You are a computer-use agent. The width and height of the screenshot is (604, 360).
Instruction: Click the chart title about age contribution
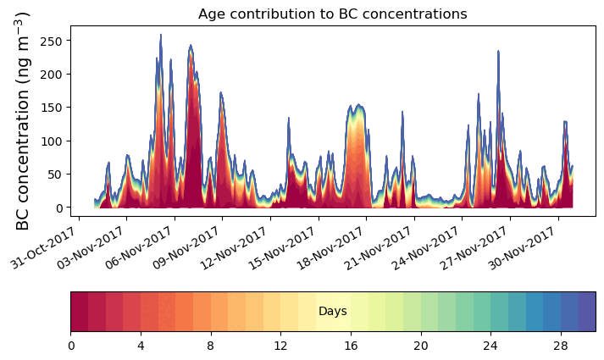coord(332,14)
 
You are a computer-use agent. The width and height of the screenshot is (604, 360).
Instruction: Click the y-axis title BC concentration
coord(24,120)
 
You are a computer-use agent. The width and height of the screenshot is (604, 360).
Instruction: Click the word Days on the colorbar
coord(332,312)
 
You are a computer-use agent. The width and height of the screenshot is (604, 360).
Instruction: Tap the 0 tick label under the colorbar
coord(71,346)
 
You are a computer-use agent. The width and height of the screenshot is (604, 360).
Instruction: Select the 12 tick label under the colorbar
coord(280,346)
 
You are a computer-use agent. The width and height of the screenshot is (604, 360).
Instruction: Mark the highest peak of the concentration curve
coord(161,36)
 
